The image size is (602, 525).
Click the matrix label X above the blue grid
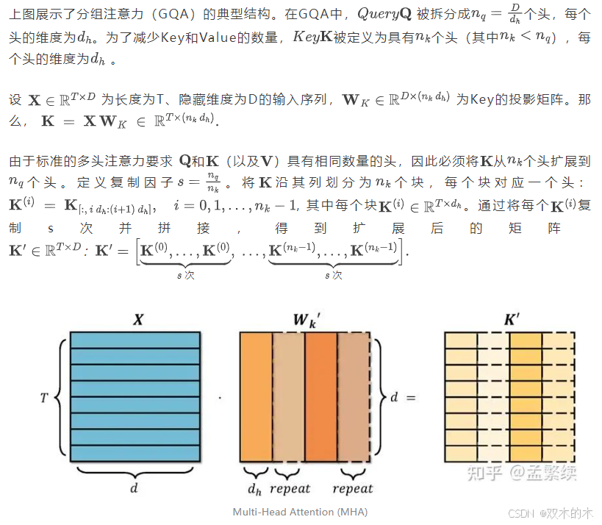[x=137, y=319]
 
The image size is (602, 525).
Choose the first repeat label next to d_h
[x=290, y=488]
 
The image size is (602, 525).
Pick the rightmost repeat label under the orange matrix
[x=353, y=488]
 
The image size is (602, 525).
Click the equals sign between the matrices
[x=411, y=398]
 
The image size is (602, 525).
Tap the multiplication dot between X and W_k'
[x=220, y=398]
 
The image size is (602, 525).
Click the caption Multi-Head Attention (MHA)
[x=300, y=511]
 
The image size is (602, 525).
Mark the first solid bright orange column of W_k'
[x=256, y=398]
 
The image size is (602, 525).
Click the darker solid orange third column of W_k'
[x=321, y=398]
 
